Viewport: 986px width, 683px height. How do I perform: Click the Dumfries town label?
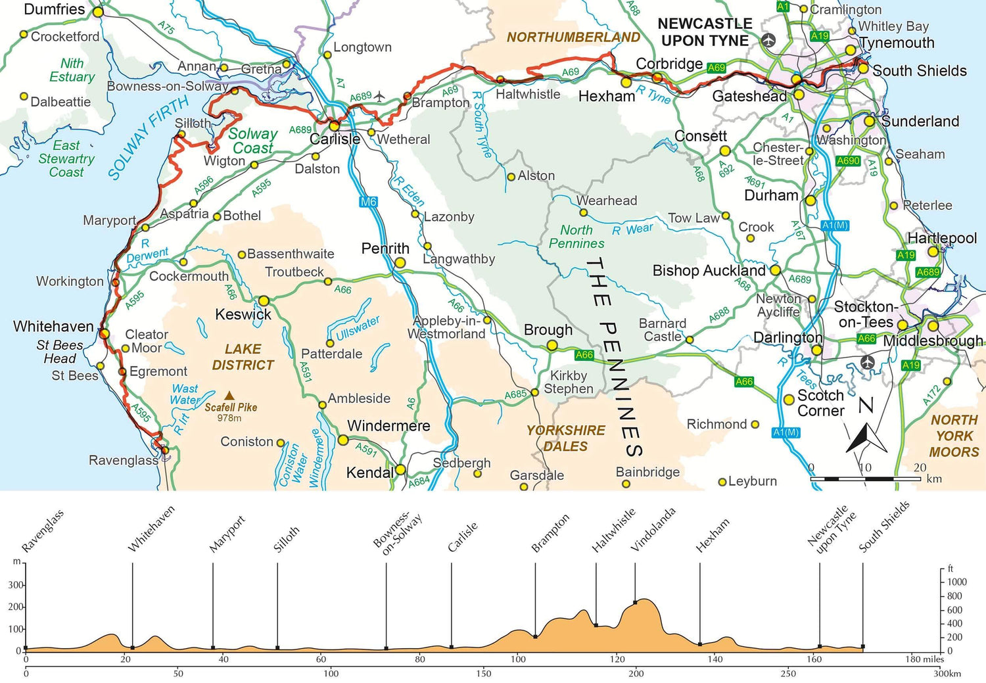[x=55, y=10]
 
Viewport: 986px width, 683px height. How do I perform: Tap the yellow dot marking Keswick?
[x=264, y=301]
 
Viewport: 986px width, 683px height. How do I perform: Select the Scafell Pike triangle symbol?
[x=229, y=396]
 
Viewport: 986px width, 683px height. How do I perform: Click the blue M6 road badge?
[x=368, y=202]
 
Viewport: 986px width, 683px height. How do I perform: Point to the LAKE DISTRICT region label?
[x=243, y=357]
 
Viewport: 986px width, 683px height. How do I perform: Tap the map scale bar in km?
[x=865, y=479]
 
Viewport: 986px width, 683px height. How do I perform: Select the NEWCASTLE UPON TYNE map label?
[x=705, y=32]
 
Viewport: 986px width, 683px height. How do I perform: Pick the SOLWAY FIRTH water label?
[x=149, y=137]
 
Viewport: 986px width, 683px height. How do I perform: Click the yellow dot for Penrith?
[x=400, y=263]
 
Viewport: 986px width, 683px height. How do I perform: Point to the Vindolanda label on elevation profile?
[x=653, y=530]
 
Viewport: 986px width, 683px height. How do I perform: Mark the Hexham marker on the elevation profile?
[x=699, y=644]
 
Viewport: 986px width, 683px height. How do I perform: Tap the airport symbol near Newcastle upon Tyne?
[x=768, y=41]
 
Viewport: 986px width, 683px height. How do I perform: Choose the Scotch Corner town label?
[x=820, y=403]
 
